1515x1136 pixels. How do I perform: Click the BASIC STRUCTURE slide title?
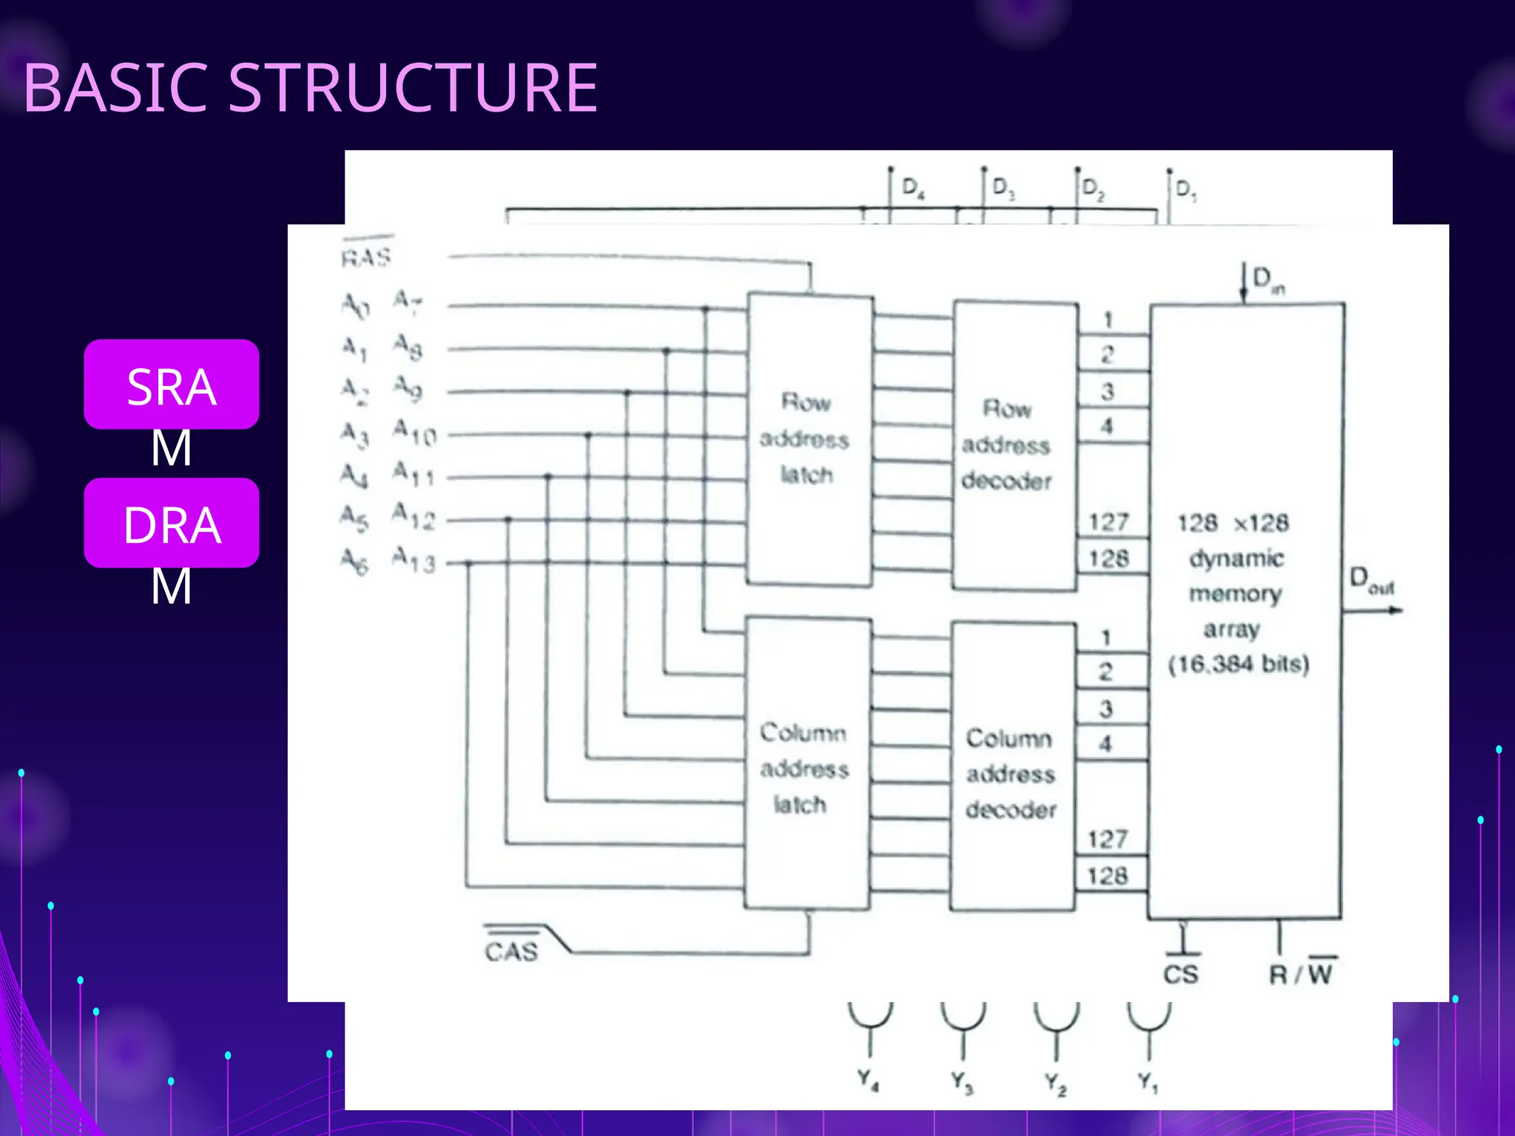point(311,88)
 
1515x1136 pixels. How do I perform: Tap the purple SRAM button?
point(172,385)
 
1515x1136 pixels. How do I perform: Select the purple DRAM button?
point(172,523)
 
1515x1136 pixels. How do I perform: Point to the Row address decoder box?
point(1014,444)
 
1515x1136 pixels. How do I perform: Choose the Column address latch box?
point(807,765)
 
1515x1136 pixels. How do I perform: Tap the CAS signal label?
point(512,950)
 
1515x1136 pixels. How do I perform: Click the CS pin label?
point(1181,974)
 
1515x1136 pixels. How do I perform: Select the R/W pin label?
point(1302,973)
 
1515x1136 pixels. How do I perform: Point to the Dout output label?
point(1371,581)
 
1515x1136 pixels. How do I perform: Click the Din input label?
point(1268,280)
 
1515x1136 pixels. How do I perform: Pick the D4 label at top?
point(913,188)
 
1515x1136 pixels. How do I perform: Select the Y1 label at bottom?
point(1148,1083)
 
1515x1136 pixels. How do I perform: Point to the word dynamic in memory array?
point(1236,558)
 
